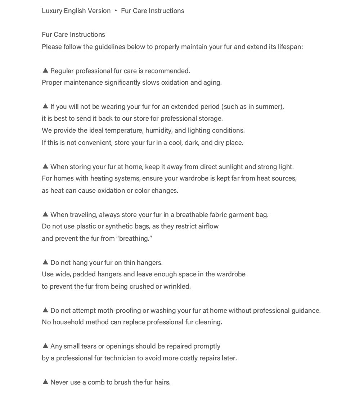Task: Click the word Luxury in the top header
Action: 52,11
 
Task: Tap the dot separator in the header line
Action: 116,11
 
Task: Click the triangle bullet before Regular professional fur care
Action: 45,70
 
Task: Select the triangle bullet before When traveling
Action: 45,214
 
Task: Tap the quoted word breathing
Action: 134,239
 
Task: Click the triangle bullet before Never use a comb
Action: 45,382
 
